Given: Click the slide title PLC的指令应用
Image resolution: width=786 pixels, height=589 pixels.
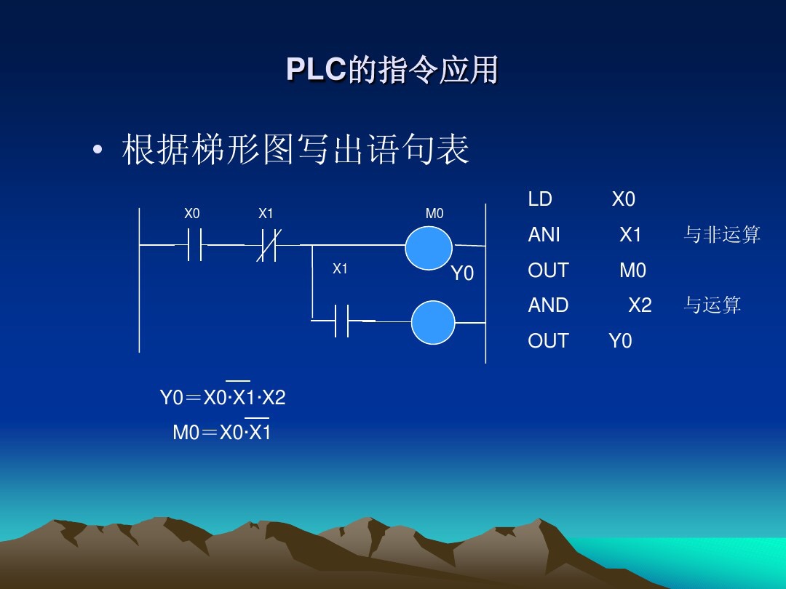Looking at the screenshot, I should pos(392,70).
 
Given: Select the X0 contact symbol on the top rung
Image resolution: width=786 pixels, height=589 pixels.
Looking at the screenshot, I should pos(194,245).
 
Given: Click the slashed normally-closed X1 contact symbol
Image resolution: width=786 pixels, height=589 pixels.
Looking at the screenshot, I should pos(267,245).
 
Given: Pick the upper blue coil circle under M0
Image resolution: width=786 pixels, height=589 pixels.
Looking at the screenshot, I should pos(429,247).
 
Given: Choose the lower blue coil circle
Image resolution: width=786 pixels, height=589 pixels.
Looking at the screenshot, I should pos(433,322).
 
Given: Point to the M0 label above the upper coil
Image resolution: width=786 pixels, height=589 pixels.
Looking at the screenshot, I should pos(434,214).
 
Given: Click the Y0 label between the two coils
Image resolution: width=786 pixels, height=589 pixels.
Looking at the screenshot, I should pos(462,273).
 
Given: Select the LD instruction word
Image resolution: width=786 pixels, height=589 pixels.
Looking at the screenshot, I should pos(540,199).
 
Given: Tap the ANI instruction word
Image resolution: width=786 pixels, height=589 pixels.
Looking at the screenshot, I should pos(544,235).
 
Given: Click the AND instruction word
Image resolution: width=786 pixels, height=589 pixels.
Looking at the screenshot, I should pos(548,305).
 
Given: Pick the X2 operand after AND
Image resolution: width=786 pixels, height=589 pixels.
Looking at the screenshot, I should pos(640,305).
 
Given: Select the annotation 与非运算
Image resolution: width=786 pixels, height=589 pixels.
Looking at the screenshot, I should pos(722,235).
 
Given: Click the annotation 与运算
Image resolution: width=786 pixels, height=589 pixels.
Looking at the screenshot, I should pos(712,305).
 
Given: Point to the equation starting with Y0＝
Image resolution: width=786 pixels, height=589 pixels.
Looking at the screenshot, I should pos(223,398).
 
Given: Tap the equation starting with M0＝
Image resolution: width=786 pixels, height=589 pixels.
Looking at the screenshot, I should pos(222,433).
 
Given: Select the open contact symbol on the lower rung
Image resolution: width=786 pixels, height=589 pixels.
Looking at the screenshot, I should pos(342,320).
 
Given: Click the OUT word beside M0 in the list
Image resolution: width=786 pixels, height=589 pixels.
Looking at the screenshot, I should pos(548,271).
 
